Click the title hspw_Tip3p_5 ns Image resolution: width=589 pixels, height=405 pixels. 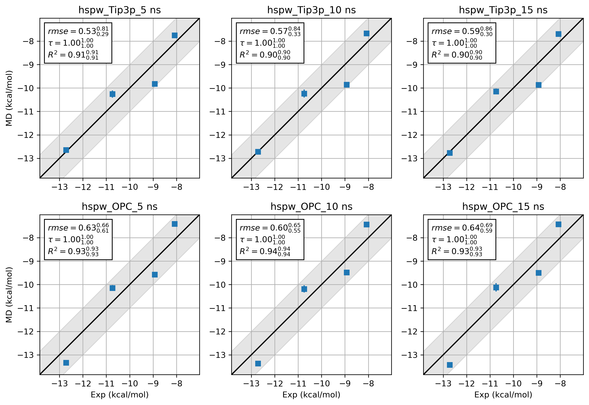point(119,10)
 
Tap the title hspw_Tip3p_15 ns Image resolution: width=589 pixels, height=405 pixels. point(503,10)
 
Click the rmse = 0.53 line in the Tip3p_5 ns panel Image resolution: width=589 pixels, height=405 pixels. point(78,31)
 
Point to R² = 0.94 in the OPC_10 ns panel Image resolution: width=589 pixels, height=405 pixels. point(265,251)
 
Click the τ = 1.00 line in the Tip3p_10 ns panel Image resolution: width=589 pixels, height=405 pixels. point(262,43)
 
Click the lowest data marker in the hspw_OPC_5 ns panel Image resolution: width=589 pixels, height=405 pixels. point(66,363)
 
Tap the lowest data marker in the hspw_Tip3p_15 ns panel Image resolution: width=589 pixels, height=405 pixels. point(450,153)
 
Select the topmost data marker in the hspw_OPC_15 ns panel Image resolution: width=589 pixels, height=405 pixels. point(558,224)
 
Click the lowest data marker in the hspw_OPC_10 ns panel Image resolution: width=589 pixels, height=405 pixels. point(258,364)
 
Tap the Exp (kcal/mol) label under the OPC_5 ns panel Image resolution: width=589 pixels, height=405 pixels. point(119,395)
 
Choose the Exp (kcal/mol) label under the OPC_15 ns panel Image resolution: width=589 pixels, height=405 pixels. point(503,395)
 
